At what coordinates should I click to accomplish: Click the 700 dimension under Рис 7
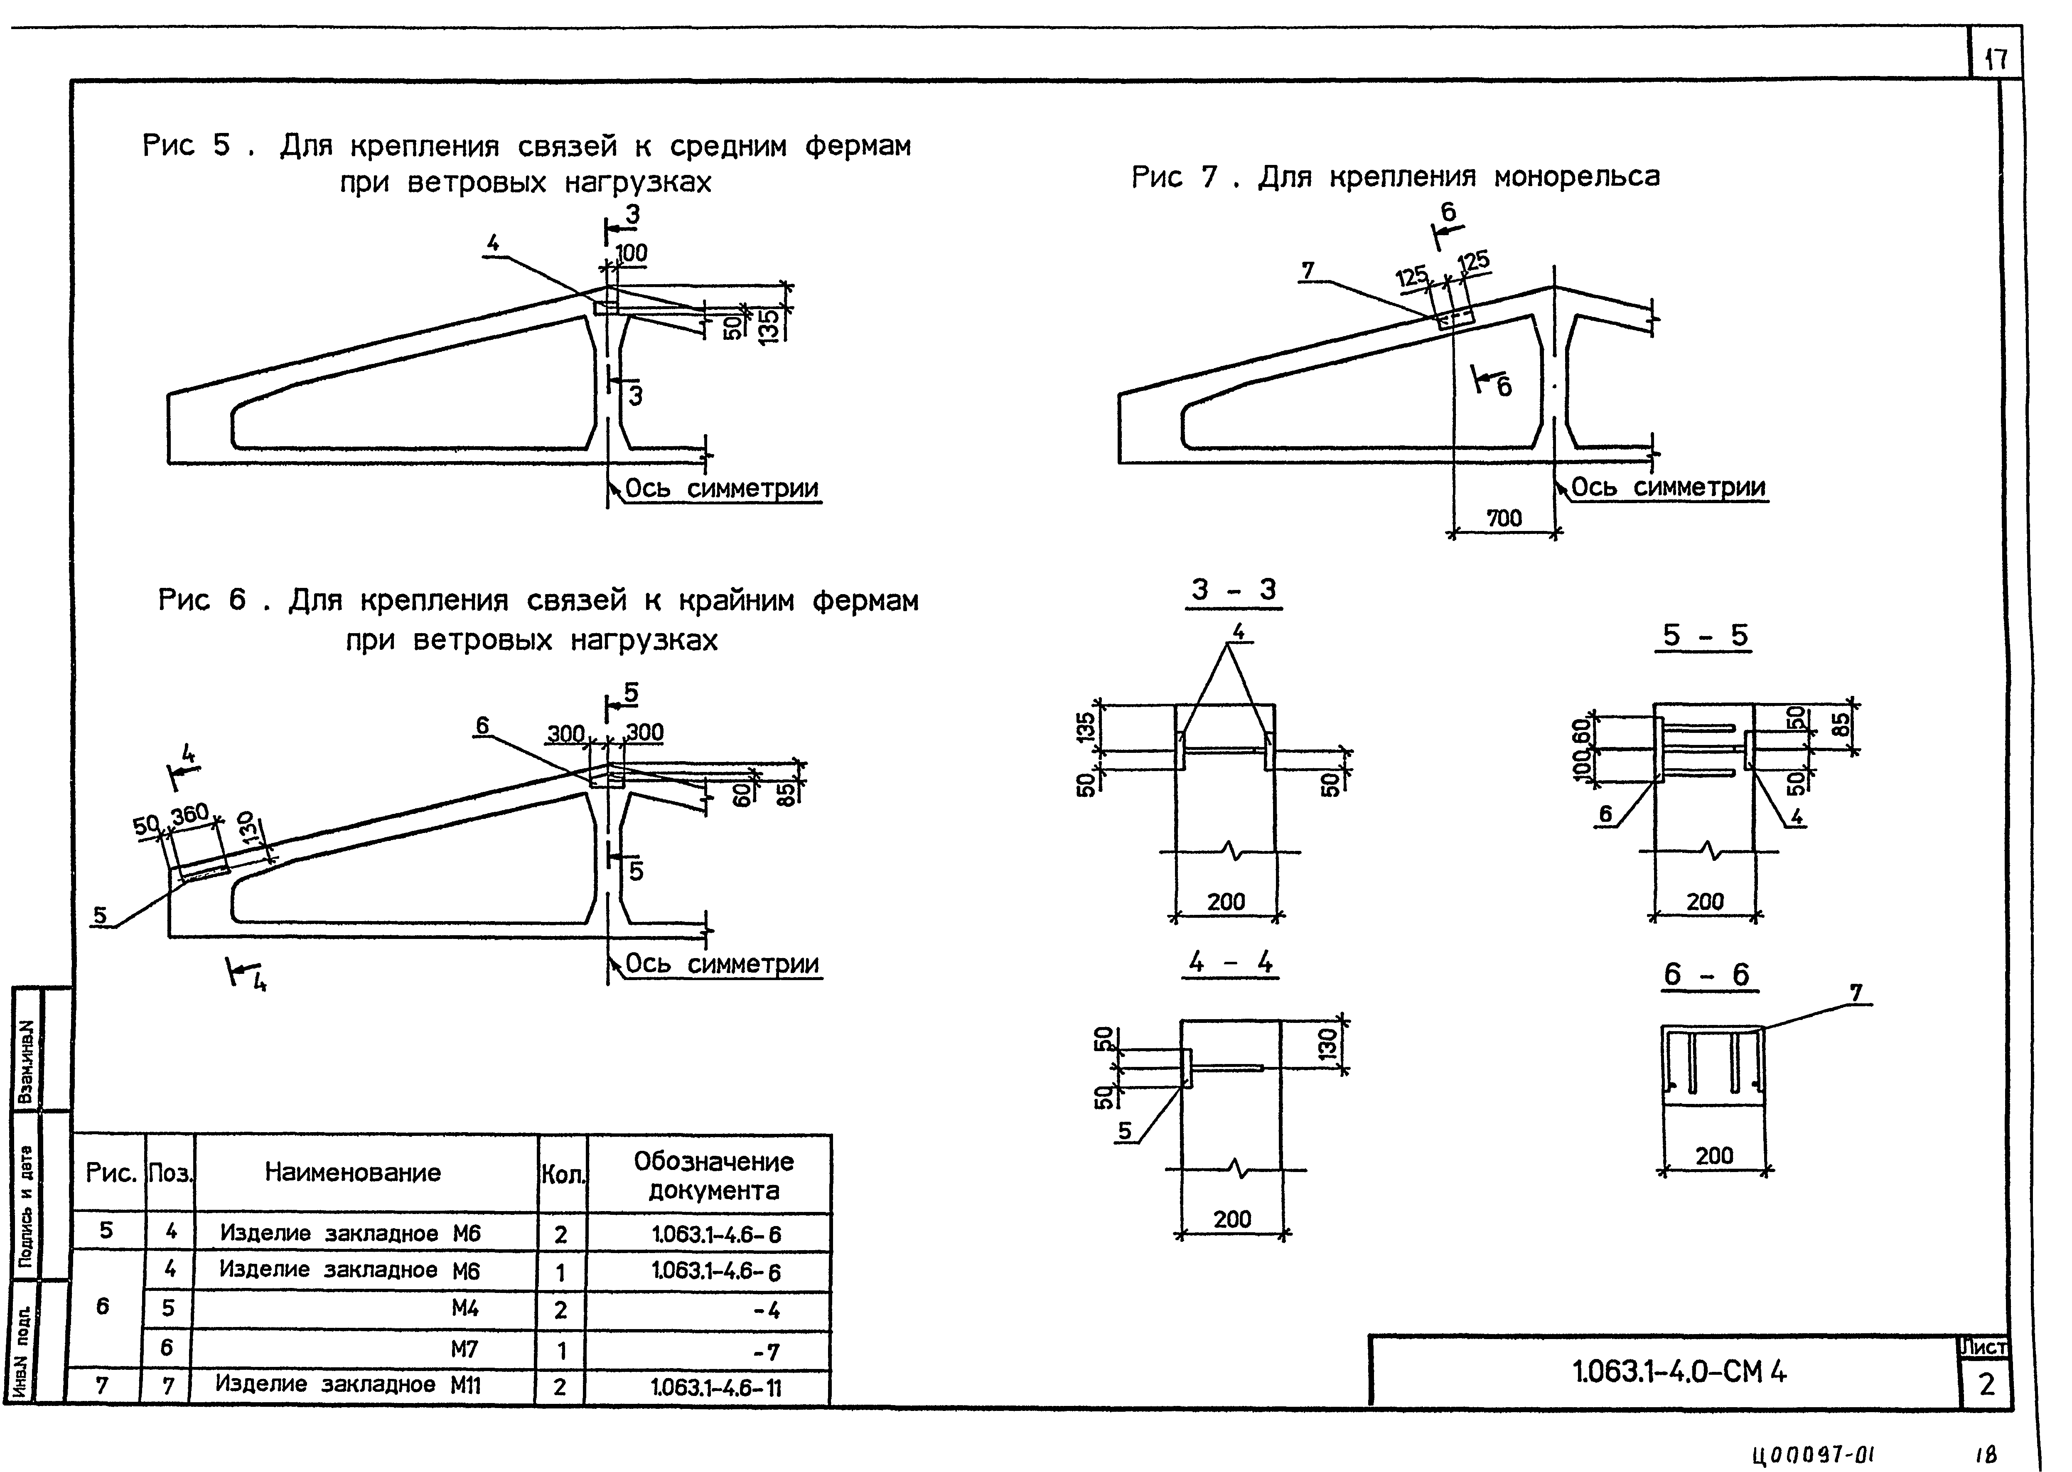(1504, 519)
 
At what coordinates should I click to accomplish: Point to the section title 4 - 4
(1231, 963)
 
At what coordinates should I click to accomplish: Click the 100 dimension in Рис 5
(632, 253)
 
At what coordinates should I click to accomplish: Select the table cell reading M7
(464, 1349)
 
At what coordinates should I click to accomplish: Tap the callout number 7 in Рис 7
(1308, 270)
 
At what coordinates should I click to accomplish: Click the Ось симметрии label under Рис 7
(1668, 488)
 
